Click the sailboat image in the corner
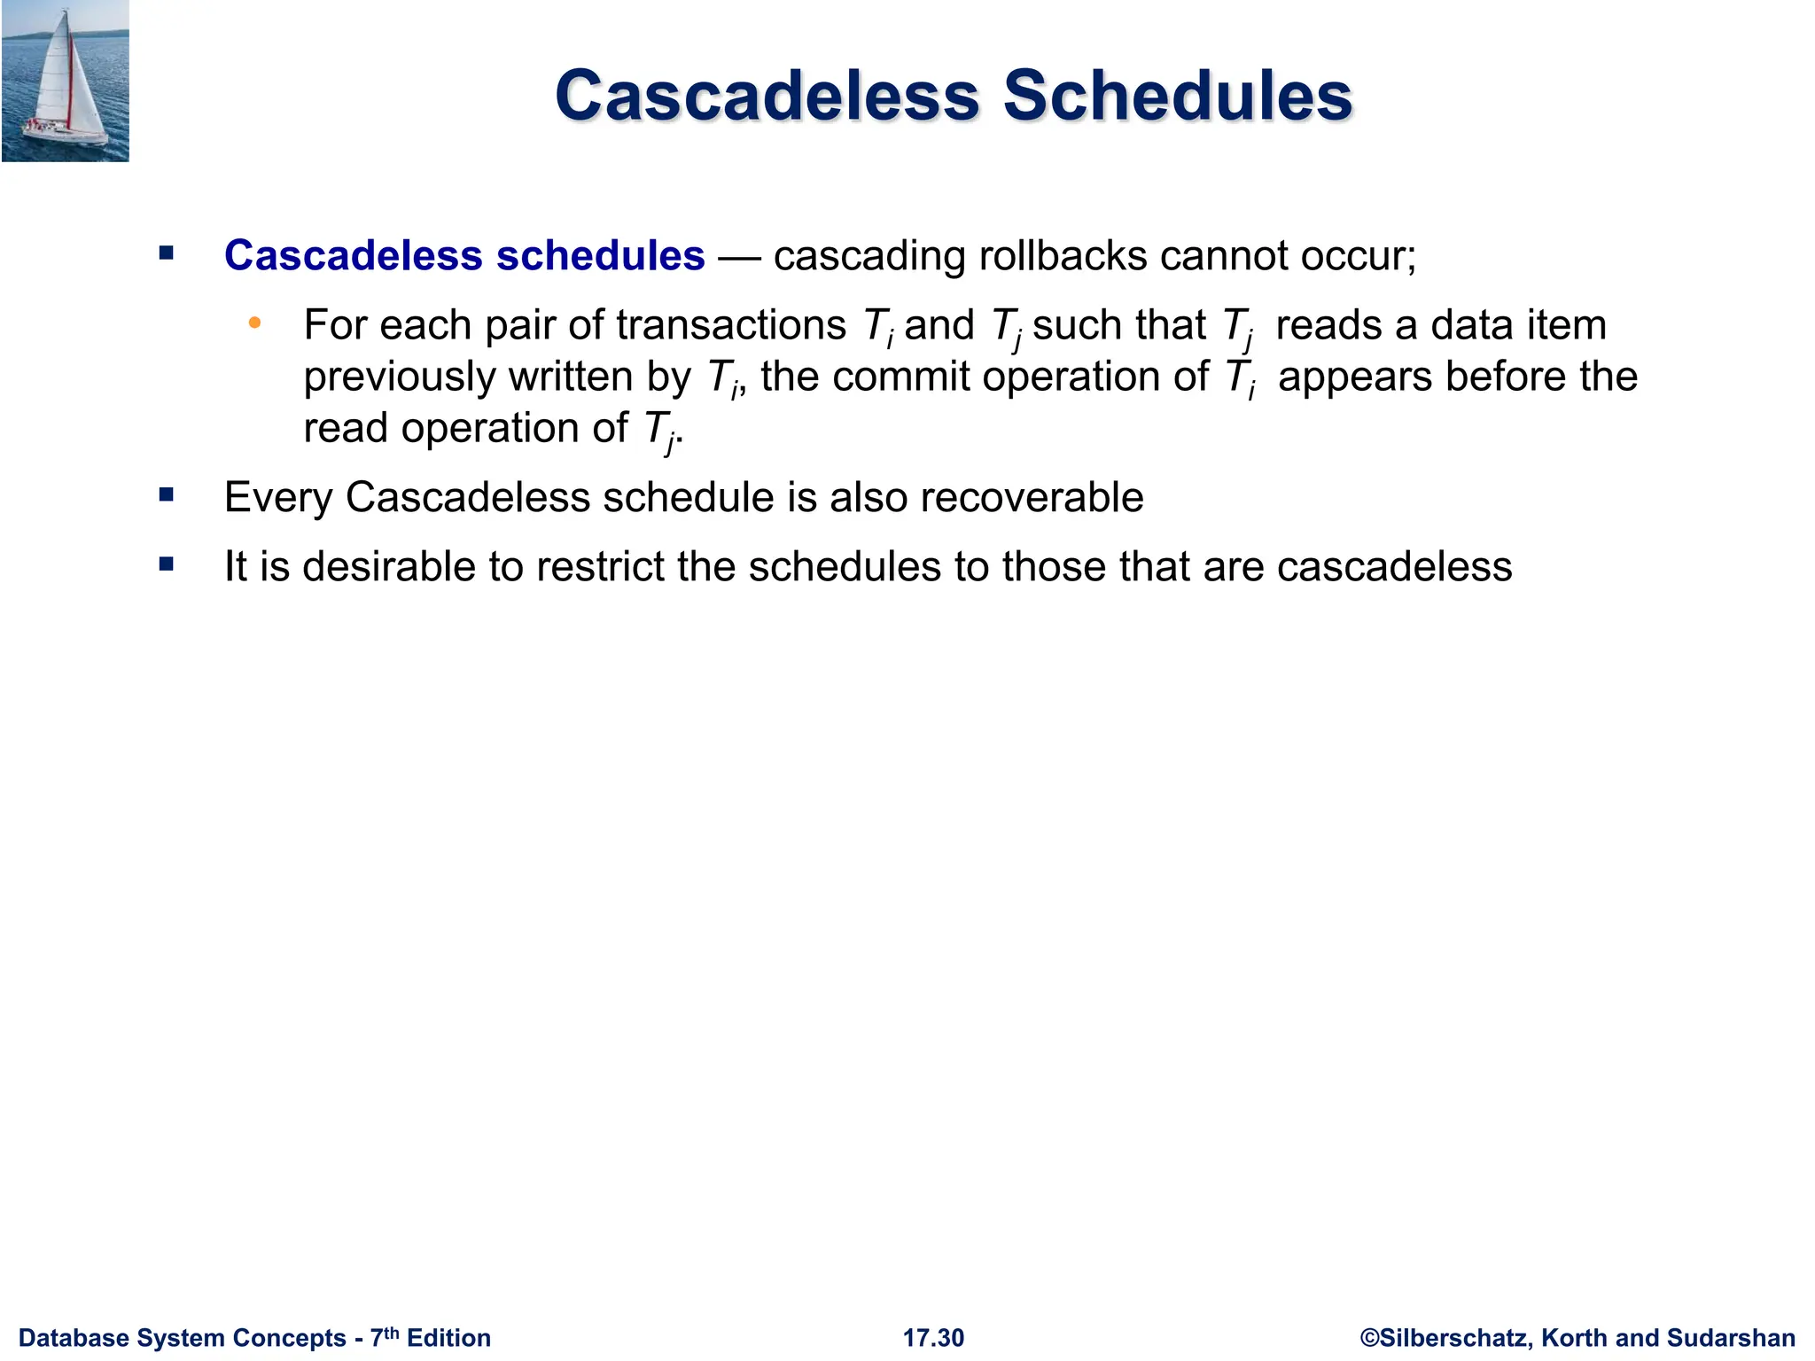coord(65,82)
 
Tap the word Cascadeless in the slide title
coord(767,96)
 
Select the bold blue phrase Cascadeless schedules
coord(464,256)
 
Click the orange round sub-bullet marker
coord(255,323)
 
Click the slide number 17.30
coord(933,1338)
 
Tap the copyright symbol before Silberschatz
coord(1369,1338)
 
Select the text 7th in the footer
coord(384,1336)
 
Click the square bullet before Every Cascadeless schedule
coord(167,494)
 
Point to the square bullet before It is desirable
coord(167,564)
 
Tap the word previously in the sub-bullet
coord(399,377)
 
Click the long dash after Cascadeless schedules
coord(738,258)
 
